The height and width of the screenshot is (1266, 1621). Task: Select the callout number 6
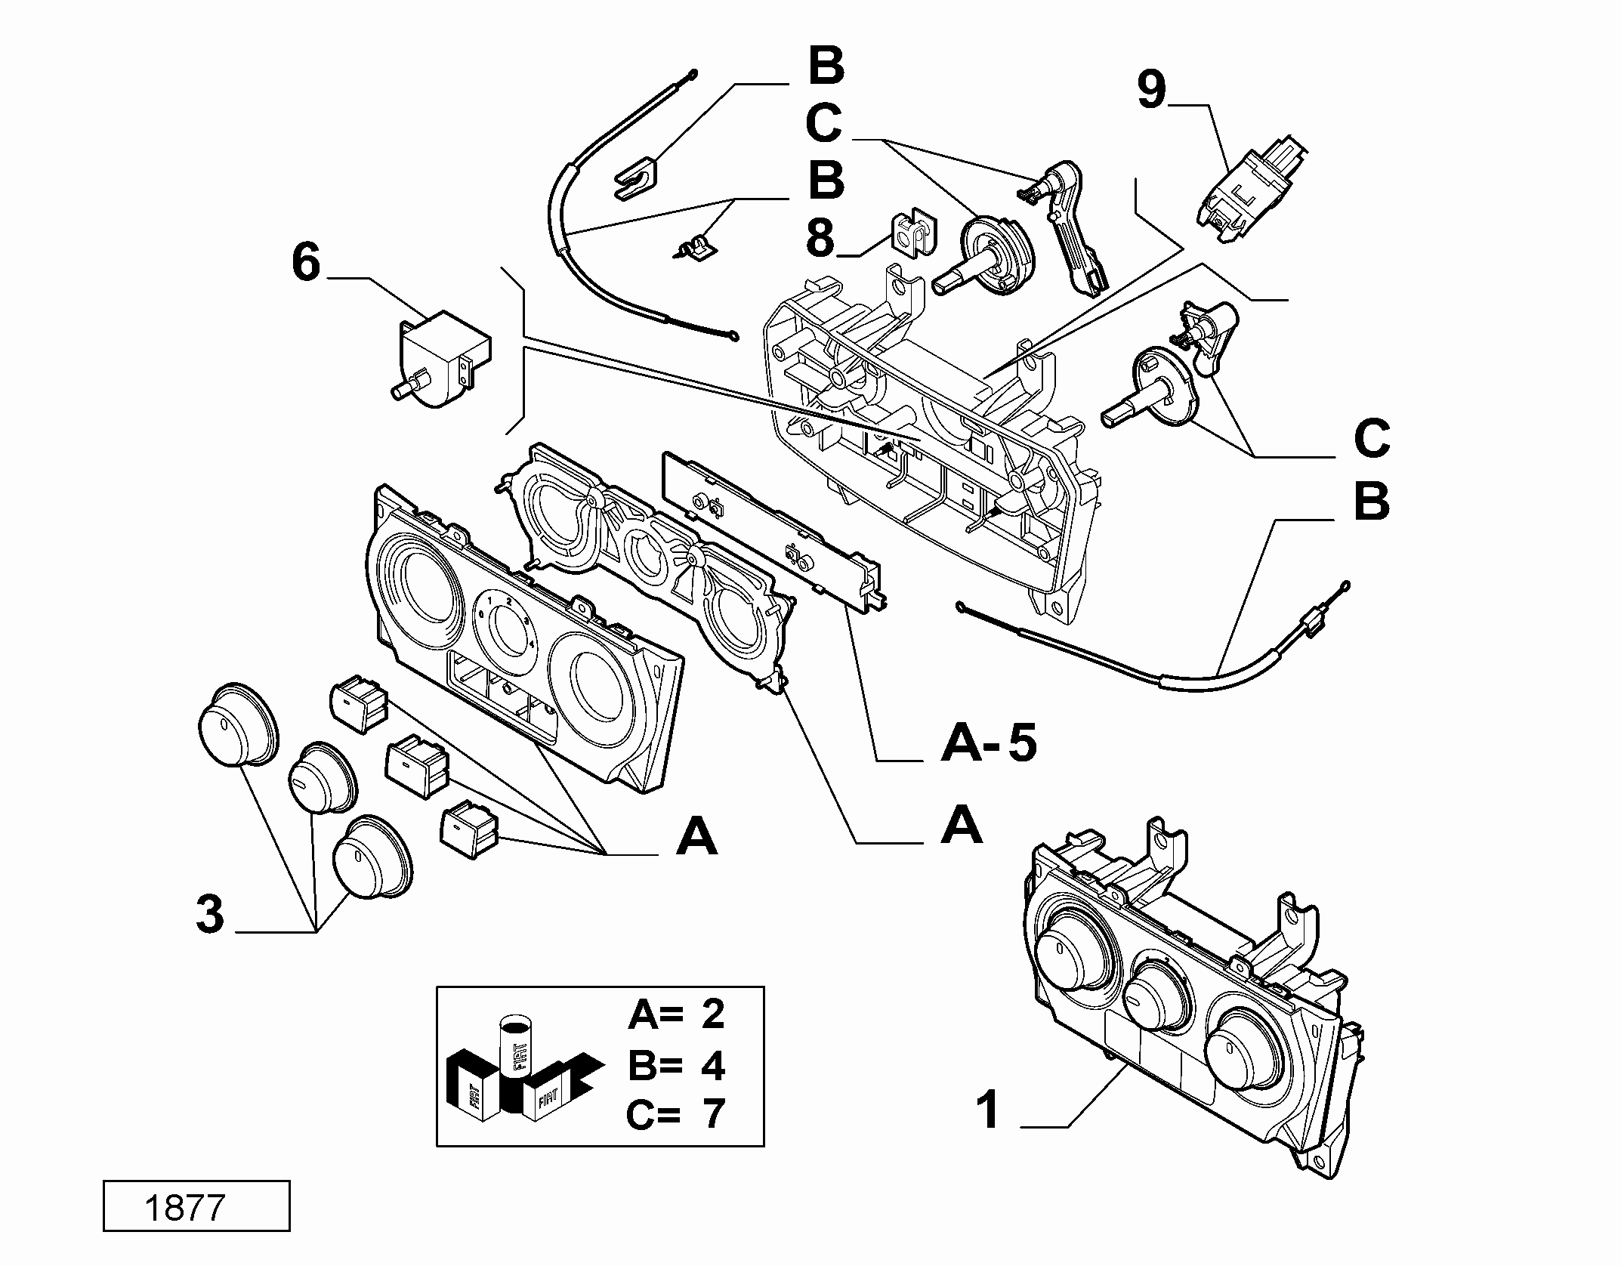306,264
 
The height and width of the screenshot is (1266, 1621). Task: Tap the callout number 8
820,238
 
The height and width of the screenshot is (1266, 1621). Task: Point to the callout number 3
210,913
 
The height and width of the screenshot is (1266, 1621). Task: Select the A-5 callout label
989,744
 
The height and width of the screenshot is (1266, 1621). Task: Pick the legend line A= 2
676,1014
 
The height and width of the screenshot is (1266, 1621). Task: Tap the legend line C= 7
676,1114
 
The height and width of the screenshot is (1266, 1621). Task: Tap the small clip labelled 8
912,233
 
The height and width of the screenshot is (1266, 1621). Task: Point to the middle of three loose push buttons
418,764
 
